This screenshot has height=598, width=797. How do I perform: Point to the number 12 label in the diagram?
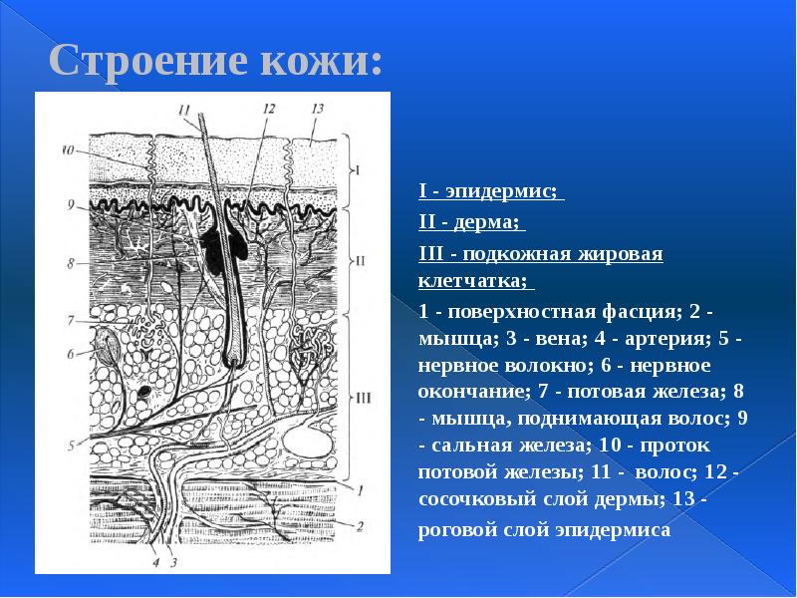click(267, 108)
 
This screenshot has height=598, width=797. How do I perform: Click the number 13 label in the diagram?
click(317, 108)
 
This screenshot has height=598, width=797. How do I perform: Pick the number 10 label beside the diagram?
click(67, 151)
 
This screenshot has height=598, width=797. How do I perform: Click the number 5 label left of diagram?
click(71, 444)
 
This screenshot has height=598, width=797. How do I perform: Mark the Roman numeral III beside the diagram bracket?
click(363, 398)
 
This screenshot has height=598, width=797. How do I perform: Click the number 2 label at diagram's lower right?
click(360, 525)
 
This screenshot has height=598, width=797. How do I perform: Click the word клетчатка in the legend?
click(473, 281)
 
